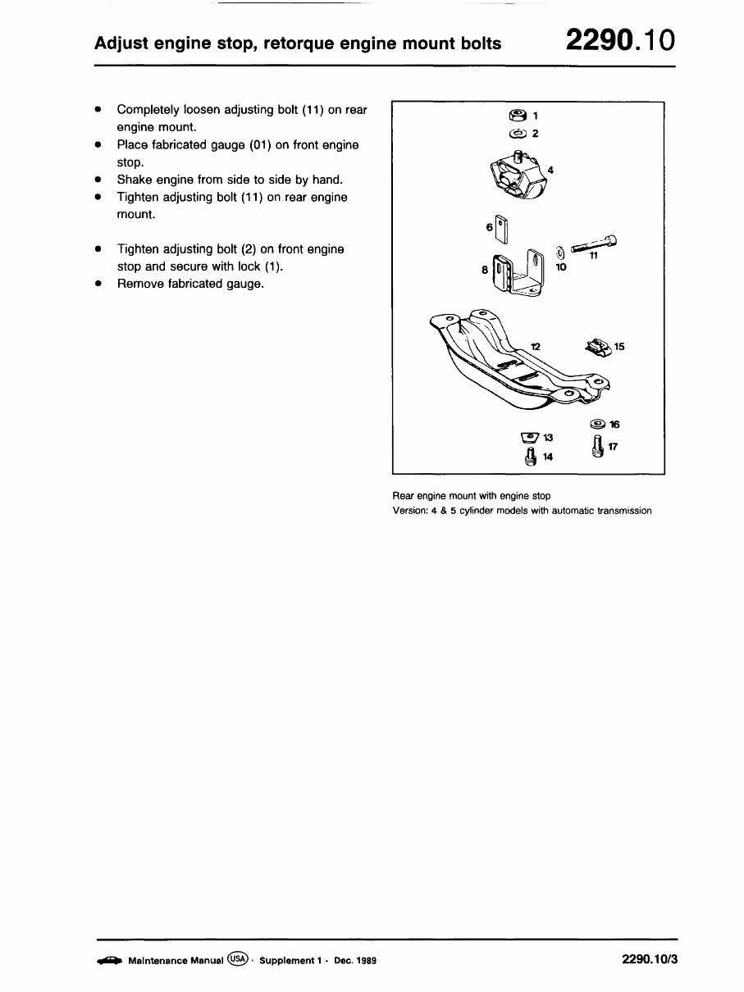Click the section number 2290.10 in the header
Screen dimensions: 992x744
click(x=620, y=39)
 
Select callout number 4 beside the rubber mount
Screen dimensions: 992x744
click(x=550, y=170)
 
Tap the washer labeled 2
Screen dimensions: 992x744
click(x=517, y=133)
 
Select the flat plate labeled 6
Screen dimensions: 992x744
click(x=502, y=230)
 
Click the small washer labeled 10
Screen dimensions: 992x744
click(x=560, y=253)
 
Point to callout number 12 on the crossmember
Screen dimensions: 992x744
click(x=535, y=347)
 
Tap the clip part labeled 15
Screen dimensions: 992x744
click(x=598, y=347)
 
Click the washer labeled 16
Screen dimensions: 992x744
click(x=597, y=424)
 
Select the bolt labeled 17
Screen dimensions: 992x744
click(x=597, y=447)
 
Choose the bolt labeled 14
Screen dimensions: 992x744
click(x=531, y=456)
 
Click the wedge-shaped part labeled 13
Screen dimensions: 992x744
click(x=530, y=437)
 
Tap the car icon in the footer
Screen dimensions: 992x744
click(x=109, y=960)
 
